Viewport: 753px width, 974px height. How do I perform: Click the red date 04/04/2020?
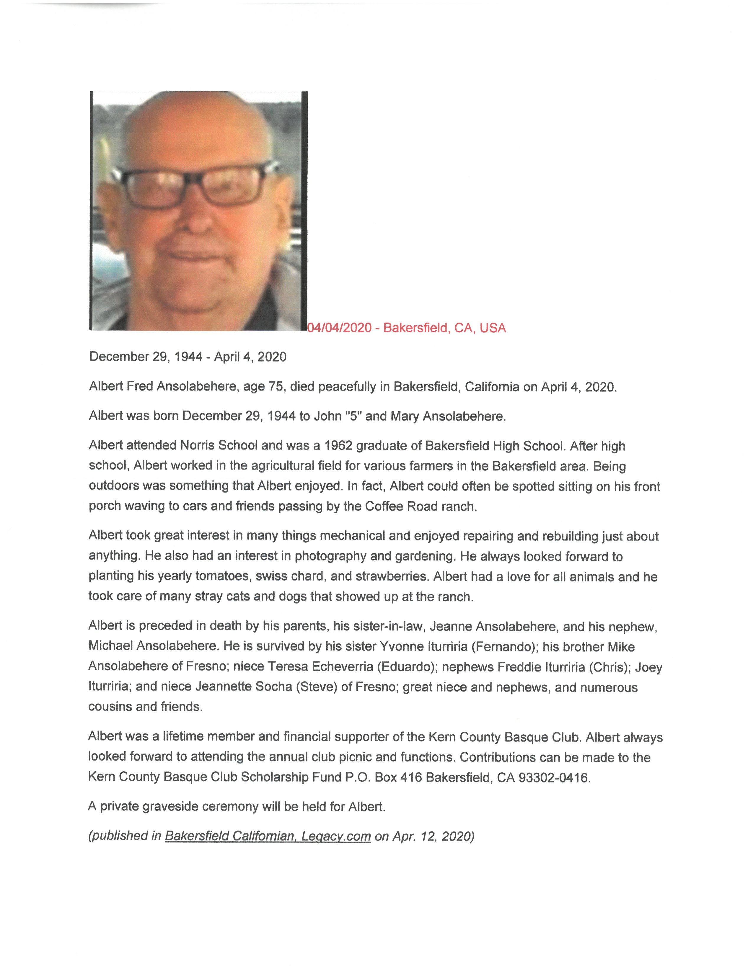click(x=340, y=328)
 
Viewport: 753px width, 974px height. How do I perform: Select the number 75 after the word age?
click(x=276, y=386)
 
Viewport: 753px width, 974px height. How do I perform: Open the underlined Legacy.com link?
click(x=336, y=836)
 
